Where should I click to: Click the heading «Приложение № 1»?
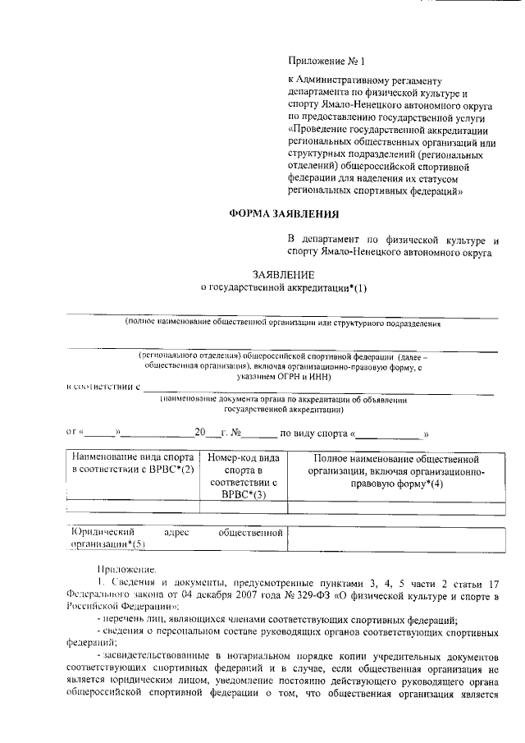click(325, 60)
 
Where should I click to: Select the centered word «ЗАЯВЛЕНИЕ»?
click(283, 274)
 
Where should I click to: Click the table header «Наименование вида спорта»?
click(132, 457)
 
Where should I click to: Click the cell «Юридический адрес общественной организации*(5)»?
click(176, 539)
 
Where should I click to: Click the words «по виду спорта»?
click(313, 431)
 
